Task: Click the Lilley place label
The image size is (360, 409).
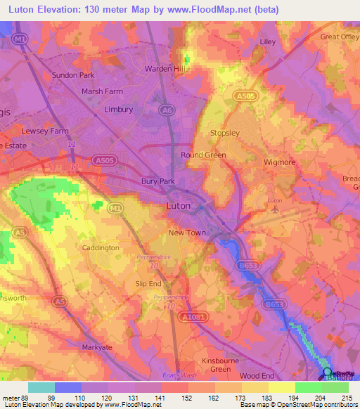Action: [268, 42]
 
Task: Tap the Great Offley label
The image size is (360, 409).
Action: [340, 37]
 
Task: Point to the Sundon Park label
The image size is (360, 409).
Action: [73, 74]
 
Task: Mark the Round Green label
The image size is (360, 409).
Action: [203, 155]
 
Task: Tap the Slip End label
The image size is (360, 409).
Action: [148, 283]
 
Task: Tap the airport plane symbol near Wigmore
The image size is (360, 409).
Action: [276, 209]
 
